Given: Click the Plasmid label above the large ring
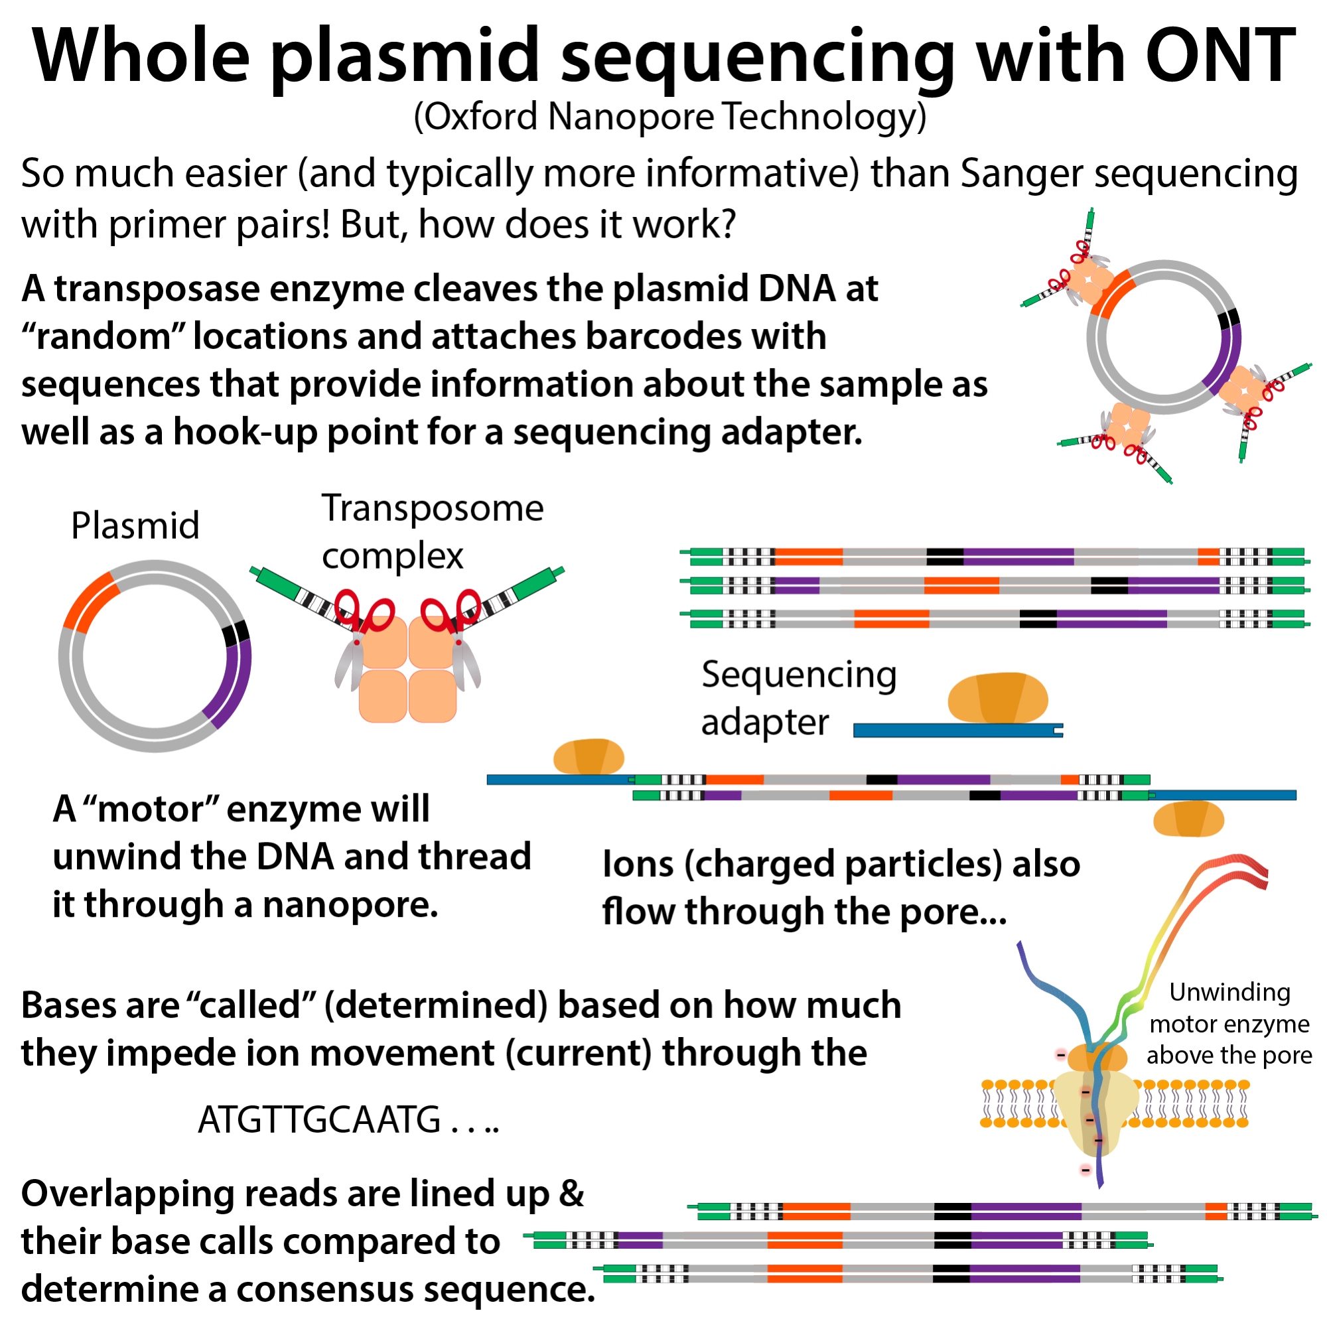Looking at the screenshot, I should coord(135,526).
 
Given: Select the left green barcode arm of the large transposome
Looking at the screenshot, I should coord(278,584).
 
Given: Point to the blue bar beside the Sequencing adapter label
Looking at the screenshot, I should coord(955,730).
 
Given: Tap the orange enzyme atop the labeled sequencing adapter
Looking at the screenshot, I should coord(997,699).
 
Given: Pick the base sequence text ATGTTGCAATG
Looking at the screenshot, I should coord(319,1120).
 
